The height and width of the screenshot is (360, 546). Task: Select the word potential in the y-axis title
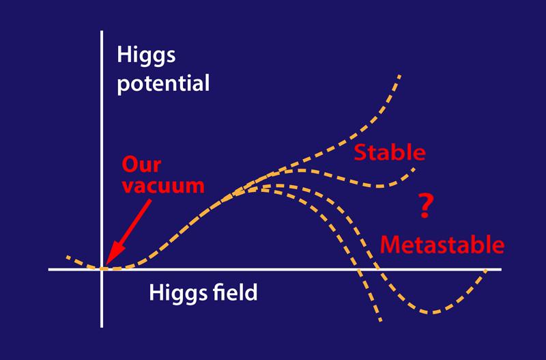[x=163, y=85]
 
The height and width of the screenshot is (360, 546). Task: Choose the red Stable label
[x=389, y=152]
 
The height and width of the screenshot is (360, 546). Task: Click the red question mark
[x=425, y=206]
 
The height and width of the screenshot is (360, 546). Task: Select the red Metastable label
[x=442, y=244]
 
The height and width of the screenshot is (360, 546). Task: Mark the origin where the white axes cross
[x=102, y=269]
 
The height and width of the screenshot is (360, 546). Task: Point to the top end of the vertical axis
[x=102, y=30]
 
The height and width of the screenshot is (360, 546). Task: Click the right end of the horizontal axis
[x=501, y=269]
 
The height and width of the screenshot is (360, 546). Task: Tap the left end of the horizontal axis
[x=49, y=269]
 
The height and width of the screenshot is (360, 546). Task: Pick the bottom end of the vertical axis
[x=102, y=327]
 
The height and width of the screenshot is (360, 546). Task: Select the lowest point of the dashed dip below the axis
[x=431, y=313]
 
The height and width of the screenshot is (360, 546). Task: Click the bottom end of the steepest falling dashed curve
[x=382, y=321]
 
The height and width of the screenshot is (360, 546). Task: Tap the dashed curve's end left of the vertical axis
[x=67, y=257]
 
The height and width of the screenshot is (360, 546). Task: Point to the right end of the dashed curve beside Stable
[x=417, y=168]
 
